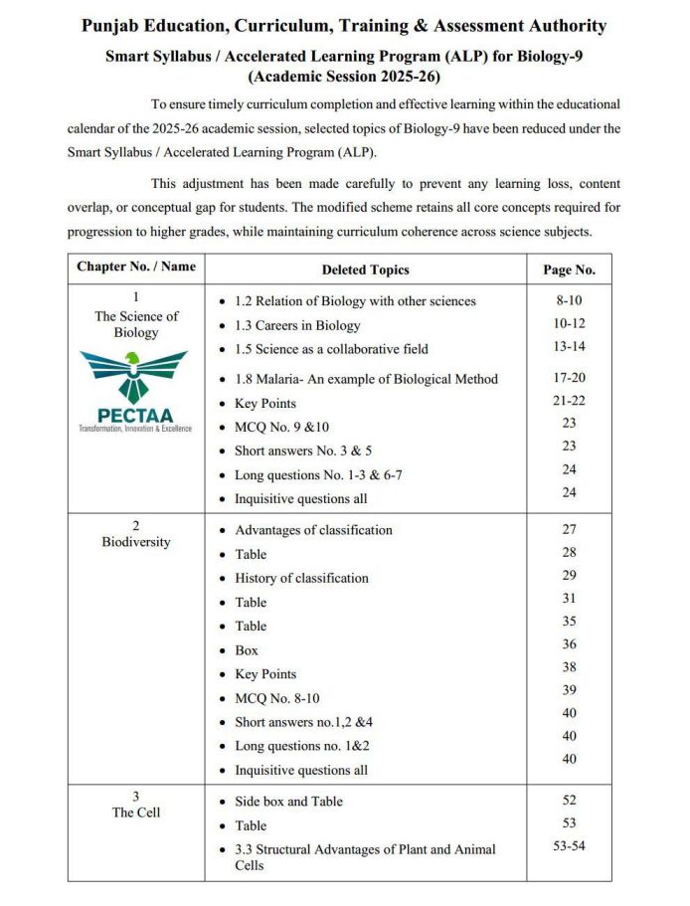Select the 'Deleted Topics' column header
click(x=365, y=270)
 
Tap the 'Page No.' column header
click(x=569, y=270)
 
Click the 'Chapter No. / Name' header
click(x=136, y=267)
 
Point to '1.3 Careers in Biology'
click(x=297, y=325)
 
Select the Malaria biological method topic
click(x=366, y=379)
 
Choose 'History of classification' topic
click(x=301, y=578)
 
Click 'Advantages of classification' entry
click(x=313, y=530)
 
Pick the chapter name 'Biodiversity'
click(x=136, y=542)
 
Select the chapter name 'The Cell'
click(x=136, y=813)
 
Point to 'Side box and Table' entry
click(x=288, y=802)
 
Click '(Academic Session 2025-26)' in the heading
click(x=344, y=76)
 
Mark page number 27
click(x=569, y=530)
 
